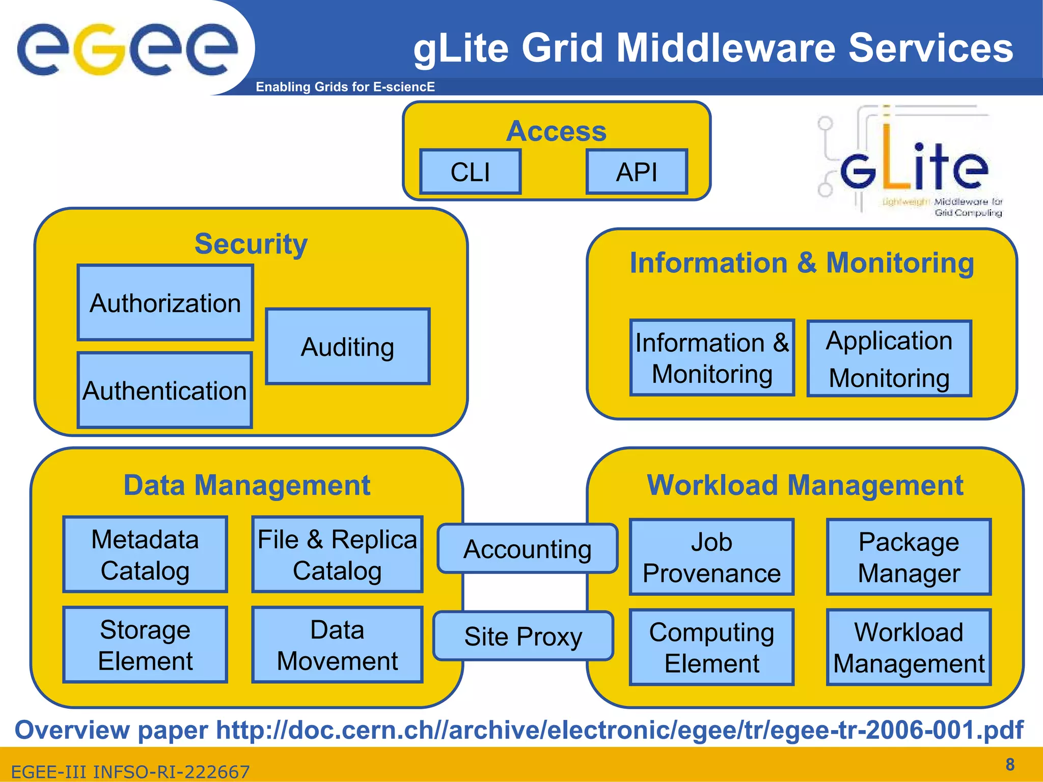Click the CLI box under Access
[470, 172]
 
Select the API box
[637, 172]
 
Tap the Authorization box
[166, 303]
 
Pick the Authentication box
[165, 390]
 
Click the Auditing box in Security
[348, 347]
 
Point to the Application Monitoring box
[889, 359]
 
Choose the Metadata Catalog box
[145, 555]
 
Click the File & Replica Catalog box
[337, 555]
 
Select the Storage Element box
[145, 645]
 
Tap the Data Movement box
[337, 645]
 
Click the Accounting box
[528, 549]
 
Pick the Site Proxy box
[523, 636]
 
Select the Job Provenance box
[711, 557]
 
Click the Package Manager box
[909, 557]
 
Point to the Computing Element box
[711, 648]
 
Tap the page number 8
[1010, 764]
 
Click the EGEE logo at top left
[127, 48]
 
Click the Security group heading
[251, 244]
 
